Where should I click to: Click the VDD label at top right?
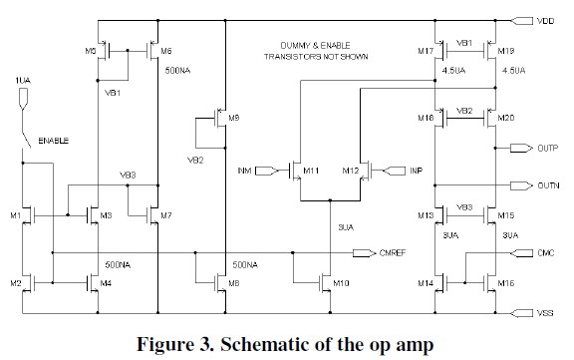click(x=546, y=20)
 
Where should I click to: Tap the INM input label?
click(x=243, y=171)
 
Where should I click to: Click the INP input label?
click(x=417, y=171)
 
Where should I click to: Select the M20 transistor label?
click(x=507, y=118)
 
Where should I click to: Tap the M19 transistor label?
click(x=507, y=50)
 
